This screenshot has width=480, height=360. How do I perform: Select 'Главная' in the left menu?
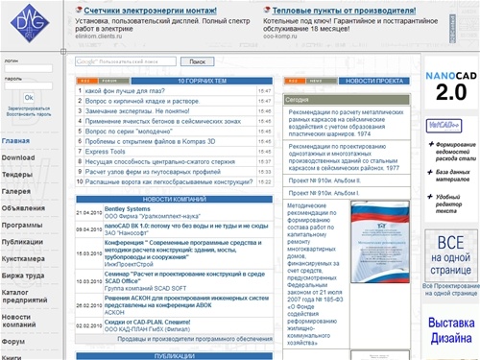coord(15,142)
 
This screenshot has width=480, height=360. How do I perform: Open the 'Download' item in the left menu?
coord(18,157)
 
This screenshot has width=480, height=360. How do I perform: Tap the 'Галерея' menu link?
coord(17,191)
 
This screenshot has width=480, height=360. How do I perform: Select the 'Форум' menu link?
coord(13,341)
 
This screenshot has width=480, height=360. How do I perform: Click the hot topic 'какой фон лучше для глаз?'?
coord(131,91)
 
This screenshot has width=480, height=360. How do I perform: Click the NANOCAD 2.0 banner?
coord(450,85)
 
